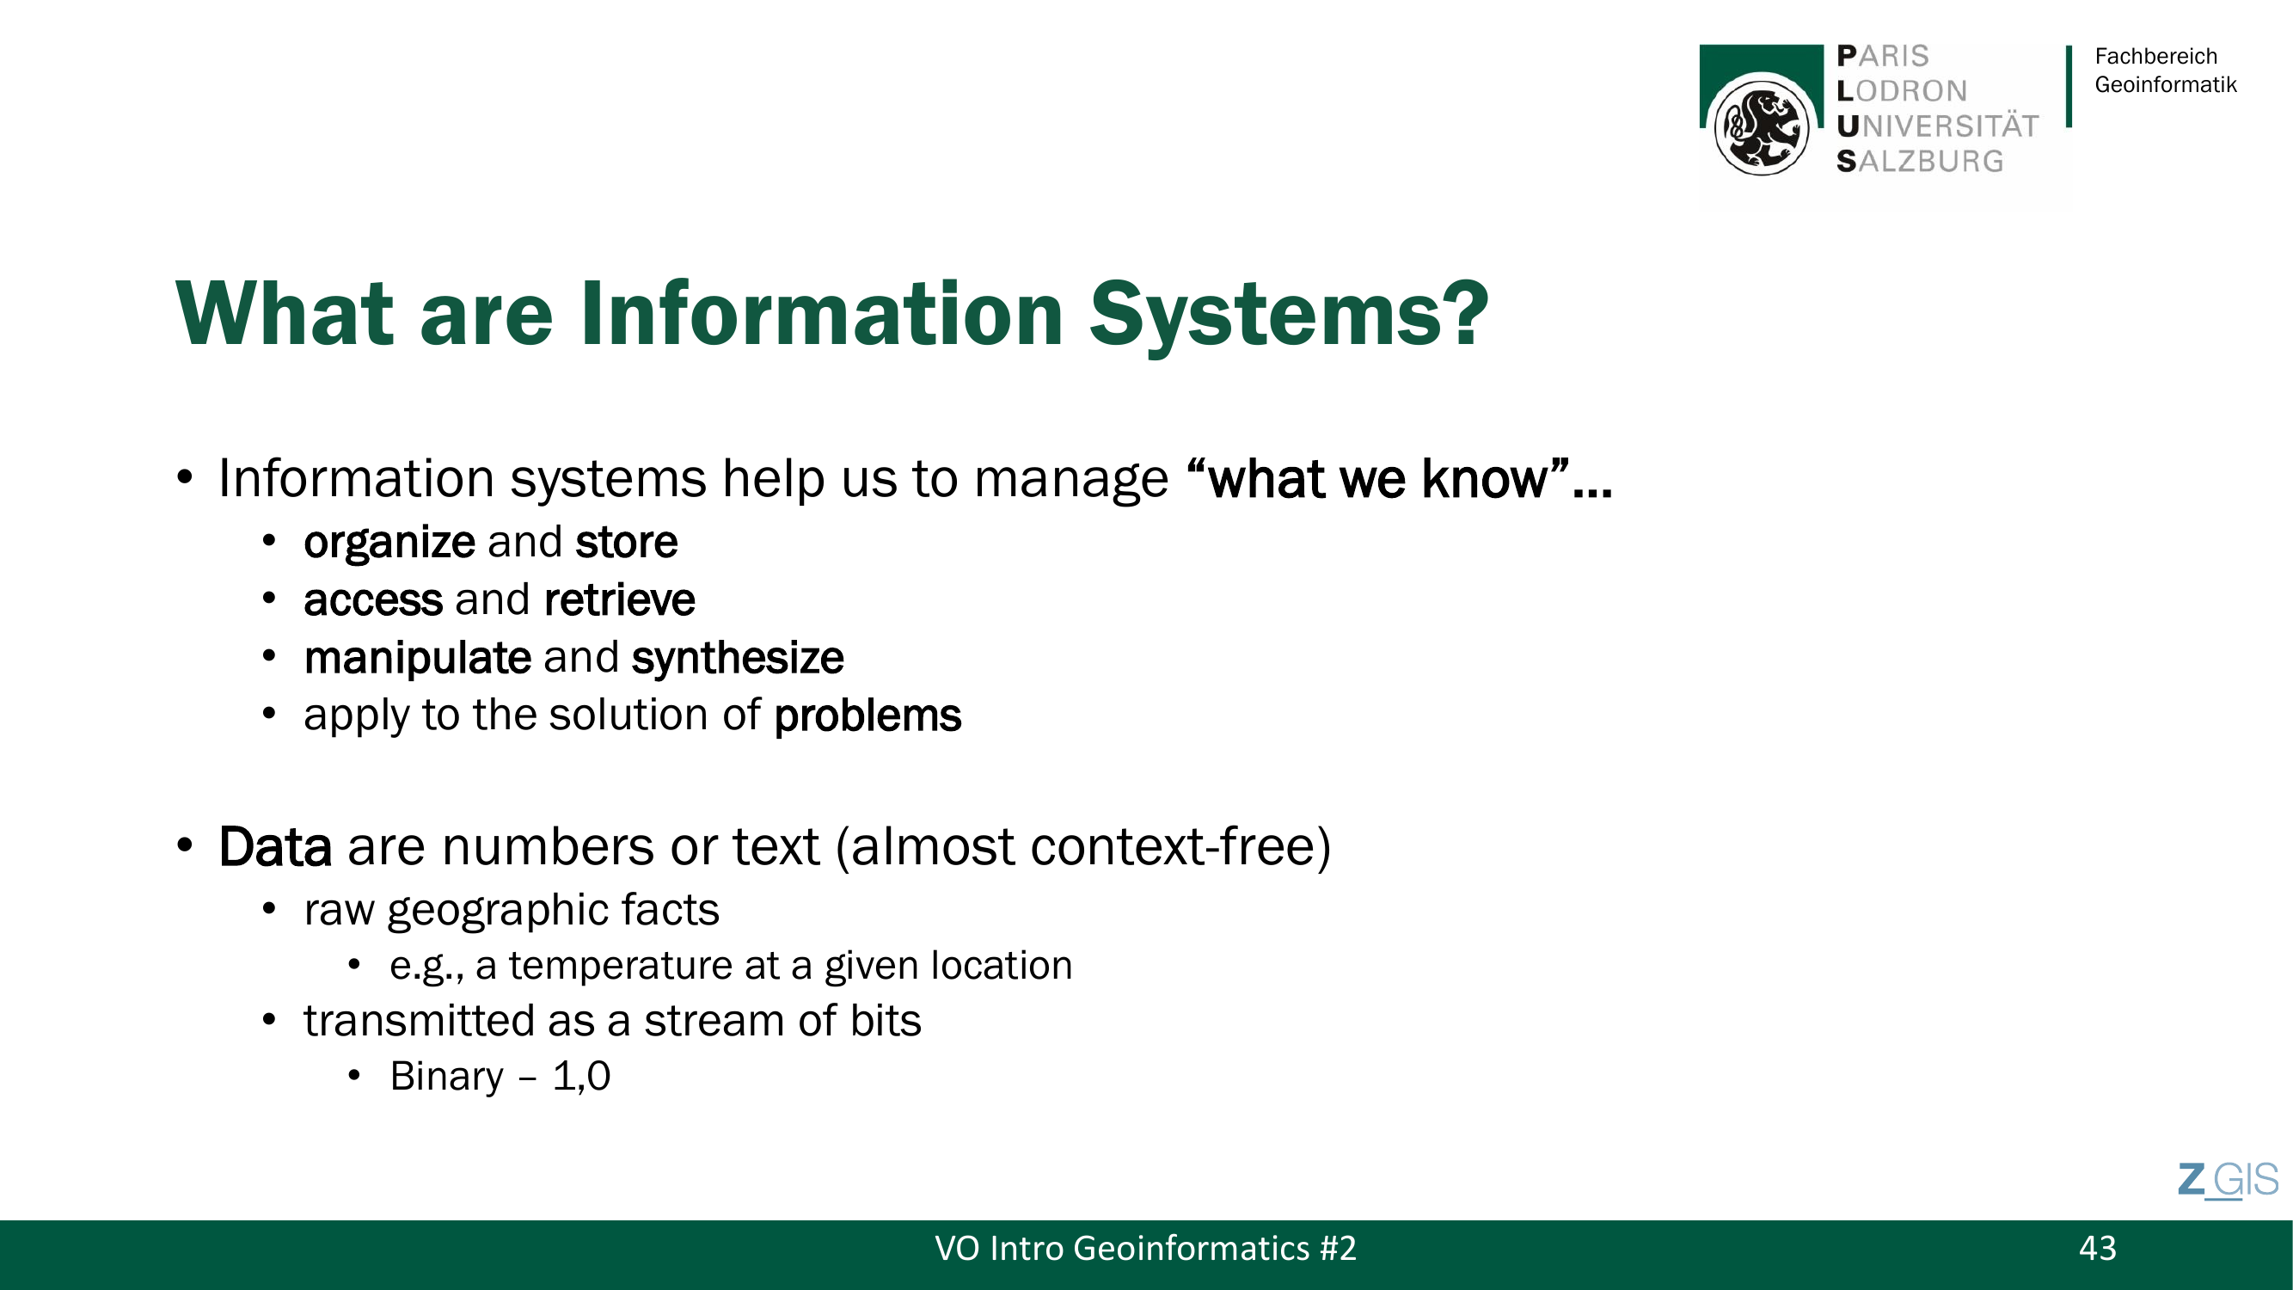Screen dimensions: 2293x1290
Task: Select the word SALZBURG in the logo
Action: point(1920,161)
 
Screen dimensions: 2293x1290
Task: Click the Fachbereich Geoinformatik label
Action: point(2165,71)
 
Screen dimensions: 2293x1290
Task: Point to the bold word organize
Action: point(389,543)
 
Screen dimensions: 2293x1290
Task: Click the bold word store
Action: point(626,542)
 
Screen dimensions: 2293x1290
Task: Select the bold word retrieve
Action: point(619,599)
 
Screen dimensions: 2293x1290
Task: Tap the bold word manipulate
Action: point(418,659)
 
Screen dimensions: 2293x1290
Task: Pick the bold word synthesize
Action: point(737,659)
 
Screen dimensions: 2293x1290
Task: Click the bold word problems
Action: point(867,716)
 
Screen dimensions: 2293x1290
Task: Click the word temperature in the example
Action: point(644,966)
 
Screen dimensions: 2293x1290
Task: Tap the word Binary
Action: point(446,1077)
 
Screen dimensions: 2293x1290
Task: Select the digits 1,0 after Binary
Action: point(581,1077)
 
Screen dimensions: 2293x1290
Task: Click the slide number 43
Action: point(2097,1248)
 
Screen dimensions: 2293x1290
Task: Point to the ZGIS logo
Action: point(2228,1181)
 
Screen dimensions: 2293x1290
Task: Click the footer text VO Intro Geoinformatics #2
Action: point(1145,1248)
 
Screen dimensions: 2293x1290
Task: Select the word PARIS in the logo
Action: point(1883,56)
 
